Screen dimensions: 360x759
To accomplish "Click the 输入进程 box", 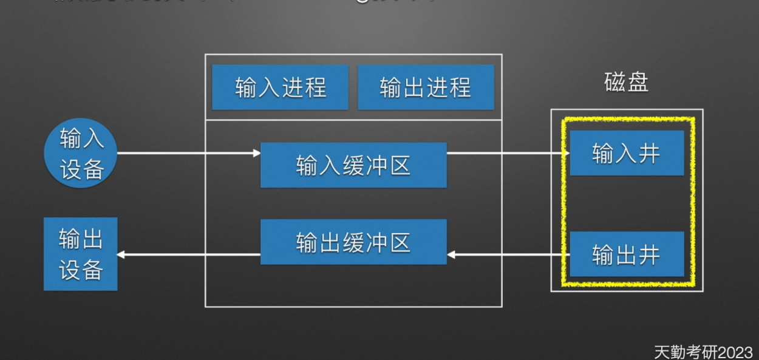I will (x=280, y=87).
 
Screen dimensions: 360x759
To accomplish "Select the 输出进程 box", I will (x=426, y=87).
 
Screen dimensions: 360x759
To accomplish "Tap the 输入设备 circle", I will (x=81, y=153).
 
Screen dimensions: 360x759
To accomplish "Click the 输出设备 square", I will (x=80, y=254).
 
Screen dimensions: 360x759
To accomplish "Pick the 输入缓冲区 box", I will (x=353, y=165).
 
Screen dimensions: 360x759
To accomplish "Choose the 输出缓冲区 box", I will (x=353, y=242).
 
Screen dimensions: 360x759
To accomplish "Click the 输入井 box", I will (x=627, y=153).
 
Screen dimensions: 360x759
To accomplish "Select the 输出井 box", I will (x=627, y=254).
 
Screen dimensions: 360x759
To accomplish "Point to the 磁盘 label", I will (x=627, y=83).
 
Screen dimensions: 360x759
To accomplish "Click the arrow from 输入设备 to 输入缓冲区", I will (x=188, y=153).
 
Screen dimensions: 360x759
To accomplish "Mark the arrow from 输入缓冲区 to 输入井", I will (x=507, y=153).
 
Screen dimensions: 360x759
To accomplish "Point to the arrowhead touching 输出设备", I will (x=121, y=254).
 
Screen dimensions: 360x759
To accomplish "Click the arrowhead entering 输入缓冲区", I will (x=257, y=153).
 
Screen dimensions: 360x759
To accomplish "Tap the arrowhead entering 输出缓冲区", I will (x=451, y=254).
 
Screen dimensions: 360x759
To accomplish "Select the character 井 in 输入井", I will (x=649, y=154).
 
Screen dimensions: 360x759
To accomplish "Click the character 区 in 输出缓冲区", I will (x=400, y=242).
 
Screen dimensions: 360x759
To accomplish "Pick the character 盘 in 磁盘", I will (x=638, y=83).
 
